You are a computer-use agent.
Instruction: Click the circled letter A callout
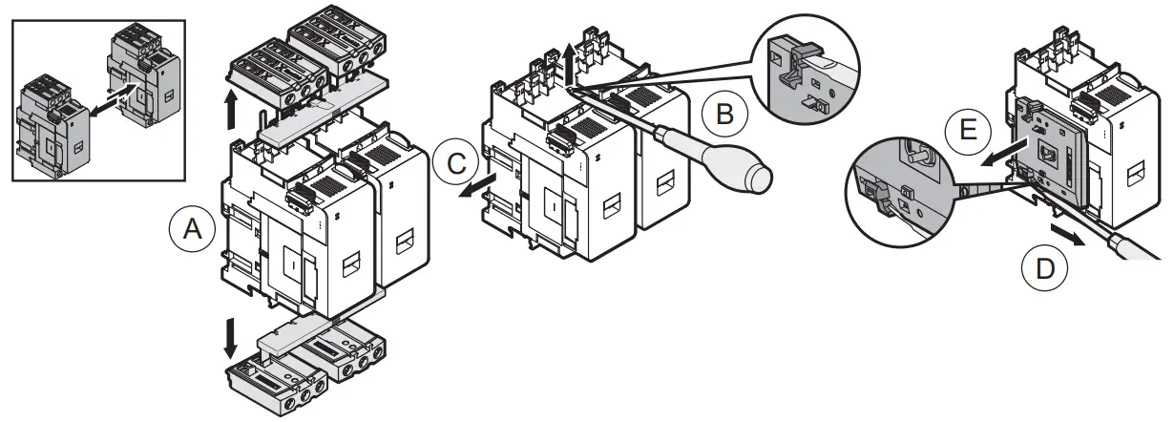[x=190, y=230]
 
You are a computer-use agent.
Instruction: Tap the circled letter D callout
[x=1044, y=270]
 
